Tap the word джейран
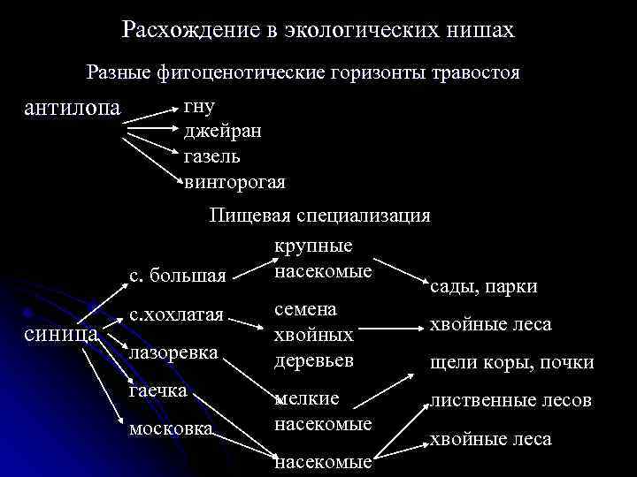tap(222, 132)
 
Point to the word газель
tap(211, 157)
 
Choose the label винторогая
tap(234, 182)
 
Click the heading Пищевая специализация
tap(319, 216)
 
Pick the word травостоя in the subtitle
tap(472, 73)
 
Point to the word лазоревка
tap(173, 352)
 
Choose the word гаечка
tap(158, 390)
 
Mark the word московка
tap(171, 429)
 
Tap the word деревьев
tap(314, 361)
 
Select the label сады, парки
tap(483, 287)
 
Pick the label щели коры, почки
tap(510, 363)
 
